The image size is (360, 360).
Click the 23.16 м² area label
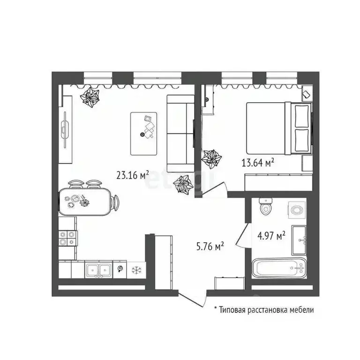click(x=133, y=175)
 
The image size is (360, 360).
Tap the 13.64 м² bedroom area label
click(x=258, y=163)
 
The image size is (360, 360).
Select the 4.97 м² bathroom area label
click(x=271, y=236)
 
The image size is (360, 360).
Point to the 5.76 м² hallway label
click(x=210, y=247)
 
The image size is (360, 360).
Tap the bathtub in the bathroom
click(x=279, y=268)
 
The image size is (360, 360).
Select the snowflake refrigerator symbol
click(x=136, y=270)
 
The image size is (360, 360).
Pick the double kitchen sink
click(x=98, y=270)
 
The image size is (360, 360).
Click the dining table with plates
click(x=85, y=202)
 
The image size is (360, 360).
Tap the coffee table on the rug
click(x=144, y=134)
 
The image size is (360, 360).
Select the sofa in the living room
click(x=180, y=134)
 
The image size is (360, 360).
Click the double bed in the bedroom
click(x=279, y=128)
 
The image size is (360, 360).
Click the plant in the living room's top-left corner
click(x=90, y=97)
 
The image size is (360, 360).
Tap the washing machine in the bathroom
click(x=297, y=210)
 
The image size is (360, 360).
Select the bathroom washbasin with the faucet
click(x=299, y=240)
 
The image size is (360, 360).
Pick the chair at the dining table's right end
click(x=115, y=202)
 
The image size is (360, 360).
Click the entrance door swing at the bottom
click(x=193, y=300)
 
